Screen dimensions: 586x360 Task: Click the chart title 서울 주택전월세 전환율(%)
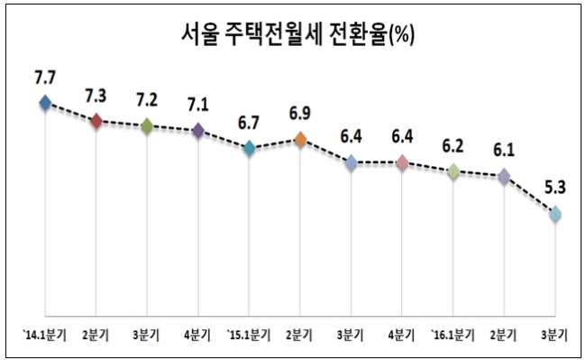click(x=298, y=34)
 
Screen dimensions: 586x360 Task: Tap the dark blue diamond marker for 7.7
click(x=45, y=103)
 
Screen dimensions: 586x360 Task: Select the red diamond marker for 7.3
click(x=96, y=121)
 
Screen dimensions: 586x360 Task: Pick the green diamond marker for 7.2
click(x=147, y=125)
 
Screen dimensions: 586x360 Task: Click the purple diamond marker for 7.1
click(x=198, y=130)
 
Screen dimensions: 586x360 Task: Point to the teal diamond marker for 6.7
click(x=249, y=148)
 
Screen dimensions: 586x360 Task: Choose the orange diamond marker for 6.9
click(x=300, y=140)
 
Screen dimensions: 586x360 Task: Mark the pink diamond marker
click(x=402, y=162)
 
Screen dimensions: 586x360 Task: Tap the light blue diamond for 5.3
click(x=555, y=214)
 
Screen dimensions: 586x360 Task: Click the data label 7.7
click(x=45, y=78)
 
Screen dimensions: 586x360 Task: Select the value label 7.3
click(x=96, y=96)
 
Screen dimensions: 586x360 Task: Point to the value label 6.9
click(x=299, y=114)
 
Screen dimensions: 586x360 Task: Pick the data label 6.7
click(x=249, y=123)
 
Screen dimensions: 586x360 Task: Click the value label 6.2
click(x=453, y=146)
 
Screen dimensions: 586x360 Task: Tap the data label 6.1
click(x=504, y=151)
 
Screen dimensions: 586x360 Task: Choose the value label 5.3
click(x=555, y=188)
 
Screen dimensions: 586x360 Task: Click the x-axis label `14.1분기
click(x=44, y=335)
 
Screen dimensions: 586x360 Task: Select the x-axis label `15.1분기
click(x=249, y=335)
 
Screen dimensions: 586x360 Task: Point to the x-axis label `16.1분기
click(x=453, y=335)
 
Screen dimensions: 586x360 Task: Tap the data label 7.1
click(x=198, y=105)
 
